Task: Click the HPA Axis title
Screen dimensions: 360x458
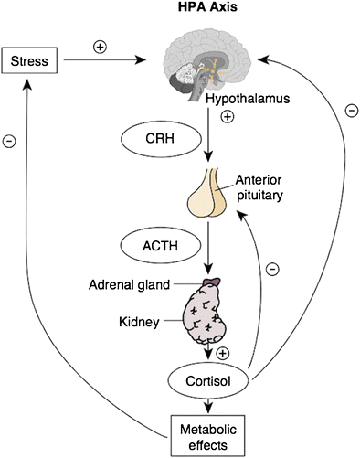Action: click(x=207, y=6)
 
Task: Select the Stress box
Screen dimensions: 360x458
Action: click(x=29, y=60)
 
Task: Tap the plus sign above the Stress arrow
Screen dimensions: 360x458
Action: click(x=100, y=47)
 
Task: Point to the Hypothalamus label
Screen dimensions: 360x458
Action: click(x=248, y=99)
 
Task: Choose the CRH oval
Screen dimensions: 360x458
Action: click(x=161, y=139)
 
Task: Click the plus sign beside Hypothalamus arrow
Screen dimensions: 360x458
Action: click(x=228, y=117)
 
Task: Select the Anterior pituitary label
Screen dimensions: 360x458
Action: click(x=259, y=187)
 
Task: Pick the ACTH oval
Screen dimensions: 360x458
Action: click(x=161, y=246)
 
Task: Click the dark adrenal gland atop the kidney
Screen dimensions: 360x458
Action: click(x=212, y=282)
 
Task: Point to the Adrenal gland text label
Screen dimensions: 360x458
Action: click(x=129, y=285)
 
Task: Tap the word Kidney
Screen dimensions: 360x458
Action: click(x=139, y=322)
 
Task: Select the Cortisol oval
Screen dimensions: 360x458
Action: click(x=208, y=381)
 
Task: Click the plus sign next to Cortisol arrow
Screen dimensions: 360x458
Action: click(x=223, y=353)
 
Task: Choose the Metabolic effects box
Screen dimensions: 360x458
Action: click(x=208, y=436)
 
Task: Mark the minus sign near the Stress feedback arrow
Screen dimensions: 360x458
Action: click(x=9, y=141)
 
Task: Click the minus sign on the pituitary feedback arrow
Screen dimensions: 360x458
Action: click(x=272, y=269)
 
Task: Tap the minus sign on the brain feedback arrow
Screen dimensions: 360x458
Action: click(x=352, y=111)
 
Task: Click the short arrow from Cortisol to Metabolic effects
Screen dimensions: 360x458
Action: click(x=208, y=406)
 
